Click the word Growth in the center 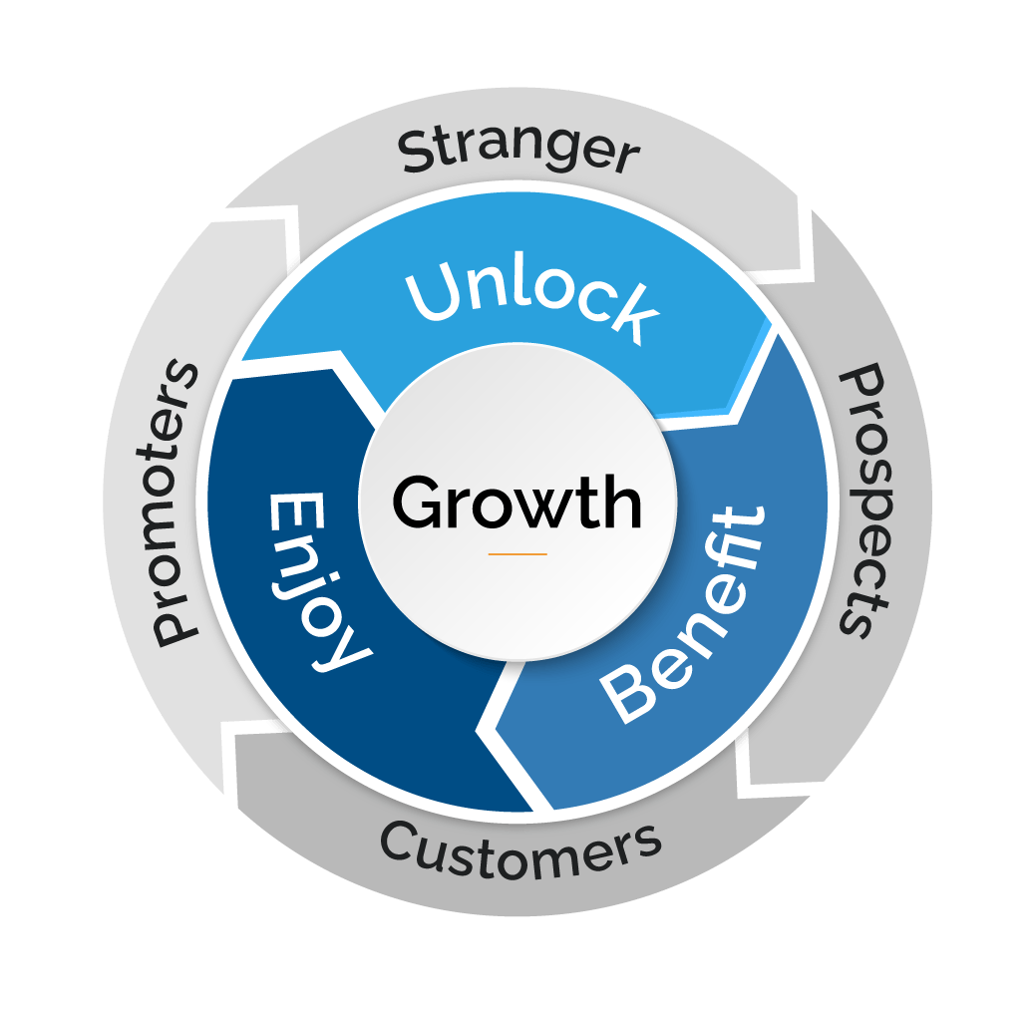516,502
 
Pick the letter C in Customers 401,844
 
